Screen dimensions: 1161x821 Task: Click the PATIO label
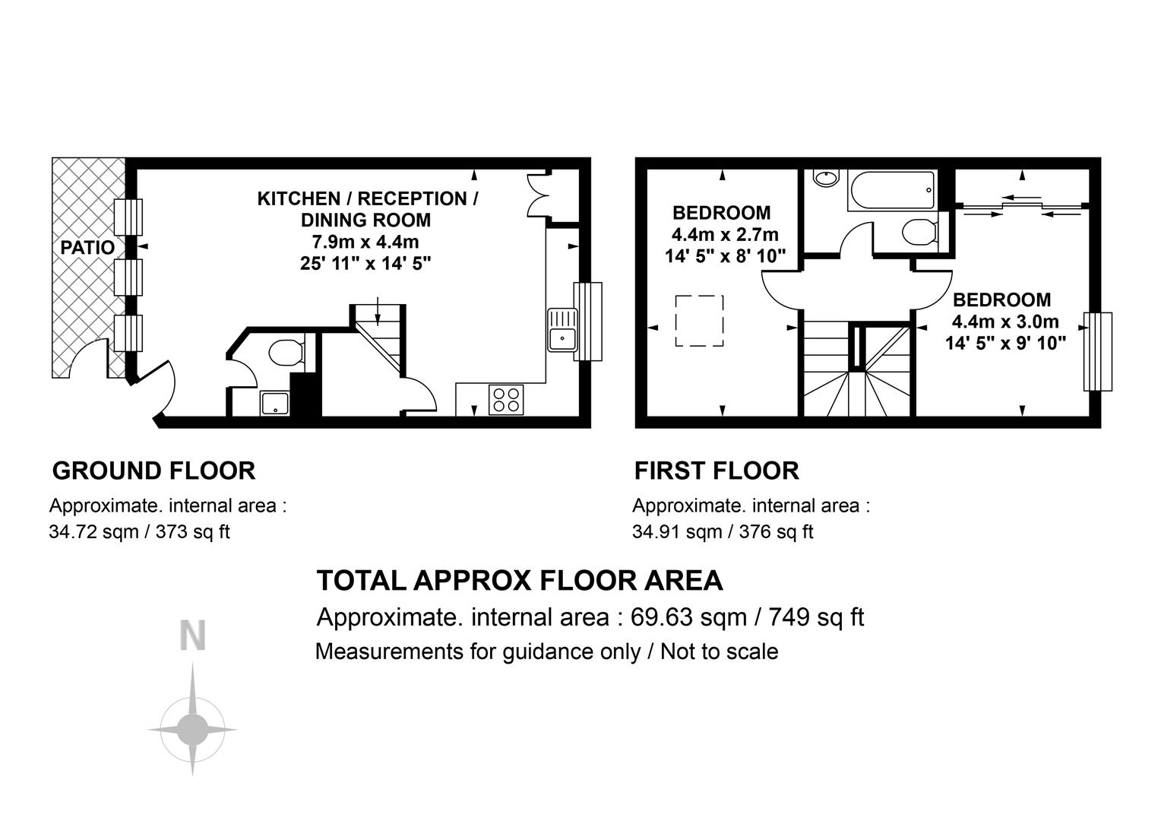[x=87, y=247]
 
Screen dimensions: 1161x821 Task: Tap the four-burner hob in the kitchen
[x=506, y=400]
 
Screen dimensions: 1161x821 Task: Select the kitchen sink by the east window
[x=562, y=330]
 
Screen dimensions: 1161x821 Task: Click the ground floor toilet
[x=286, y=353]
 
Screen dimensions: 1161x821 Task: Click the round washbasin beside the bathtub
[x=826, y=178]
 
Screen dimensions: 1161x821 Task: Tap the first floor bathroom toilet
[x=919, y=232]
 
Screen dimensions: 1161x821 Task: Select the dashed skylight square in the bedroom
[x=699, y=321]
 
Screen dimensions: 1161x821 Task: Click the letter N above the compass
[x=193, y=636]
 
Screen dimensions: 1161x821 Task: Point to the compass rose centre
[x=192, y=730]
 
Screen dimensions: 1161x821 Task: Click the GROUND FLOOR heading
[x=154, y=471]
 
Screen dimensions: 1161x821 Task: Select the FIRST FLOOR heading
[x=717, y=471]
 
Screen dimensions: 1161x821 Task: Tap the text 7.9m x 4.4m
[x=365, y=242]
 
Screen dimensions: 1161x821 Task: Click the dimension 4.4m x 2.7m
[x=725, y=234]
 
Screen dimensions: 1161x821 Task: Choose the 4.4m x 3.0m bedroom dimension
[x=1005, y=322]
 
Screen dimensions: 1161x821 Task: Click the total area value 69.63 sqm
[x=688, y=617]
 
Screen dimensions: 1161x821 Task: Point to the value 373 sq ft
[x=192, y=531]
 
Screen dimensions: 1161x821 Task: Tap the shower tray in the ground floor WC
[x=275, y=403]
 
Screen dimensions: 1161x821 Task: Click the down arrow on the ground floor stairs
[x=378, y=311]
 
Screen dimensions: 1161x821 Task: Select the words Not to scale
[x=720, y=651]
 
